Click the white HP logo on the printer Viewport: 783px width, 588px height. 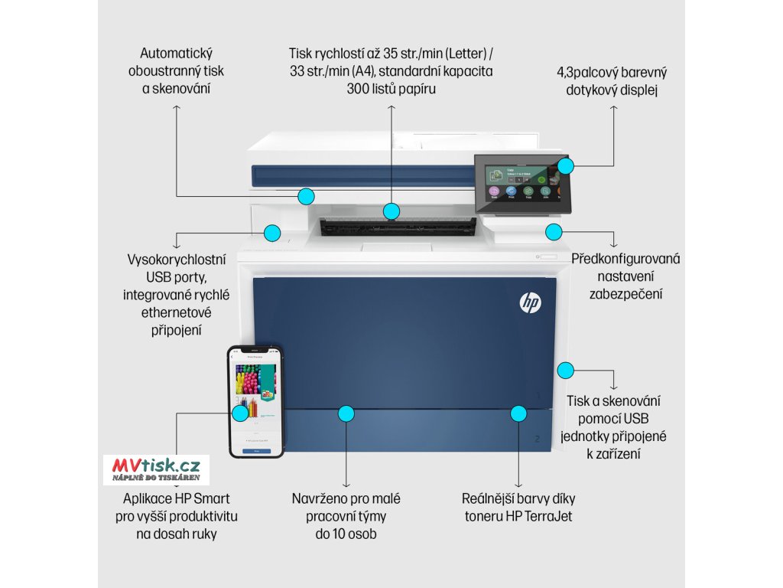click(x=530, y=303)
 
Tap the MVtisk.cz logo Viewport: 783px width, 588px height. click(x=156, y=468)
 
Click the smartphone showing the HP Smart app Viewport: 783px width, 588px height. click(x=255, y=401)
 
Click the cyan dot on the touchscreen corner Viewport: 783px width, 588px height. click(x=564, y=165)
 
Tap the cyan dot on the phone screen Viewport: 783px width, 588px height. click(x=240, y=412)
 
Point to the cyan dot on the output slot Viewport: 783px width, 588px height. click(x=391, y=211)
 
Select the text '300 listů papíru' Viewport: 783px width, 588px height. click(x=391, y=88)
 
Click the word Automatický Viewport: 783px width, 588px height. click(x=176, y=54)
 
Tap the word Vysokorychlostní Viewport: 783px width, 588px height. click(x=176, y=259)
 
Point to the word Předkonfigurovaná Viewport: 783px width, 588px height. click(x=625, y=259)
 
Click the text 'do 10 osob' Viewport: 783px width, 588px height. click(x=346, y=534)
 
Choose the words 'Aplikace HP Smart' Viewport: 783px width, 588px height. click(x=176, y=498)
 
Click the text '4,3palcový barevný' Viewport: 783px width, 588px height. click(x=612, y=73)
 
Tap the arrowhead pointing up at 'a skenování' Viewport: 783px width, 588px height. click(x=177, y=109)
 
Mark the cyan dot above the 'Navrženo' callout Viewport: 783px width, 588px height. click(x=346, y=413)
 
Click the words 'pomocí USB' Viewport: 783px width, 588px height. click(x=613, y=418)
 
